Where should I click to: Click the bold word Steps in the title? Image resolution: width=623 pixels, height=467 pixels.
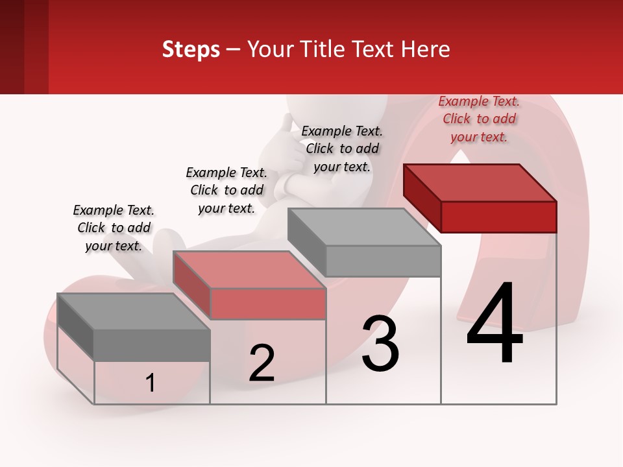[x=191, y=49]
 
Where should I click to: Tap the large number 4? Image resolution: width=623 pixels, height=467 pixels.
[x=495, y=324]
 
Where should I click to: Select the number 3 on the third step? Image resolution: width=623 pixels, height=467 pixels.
[x=380, y=344]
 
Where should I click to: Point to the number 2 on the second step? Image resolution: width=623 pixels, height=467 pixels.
[x=262, y=363]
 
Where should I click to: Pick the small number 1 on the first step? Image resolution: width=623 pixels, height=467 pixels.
[x=151, y=383]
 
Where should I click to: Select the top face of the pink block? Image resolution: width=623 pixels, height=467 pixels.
[x=249, y=270]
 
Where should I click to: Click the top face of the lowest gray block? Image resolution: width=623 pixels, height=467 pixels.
[x=134, y=312]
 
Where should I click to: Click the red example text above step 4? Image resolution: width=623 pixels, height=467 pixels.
[x=479, y=119]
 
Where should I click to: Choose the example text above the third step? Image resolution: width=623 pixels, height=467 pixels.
[x=342, y=149]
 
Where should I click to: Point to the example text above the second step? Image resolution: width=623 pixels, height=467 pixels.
[x=226, y=190]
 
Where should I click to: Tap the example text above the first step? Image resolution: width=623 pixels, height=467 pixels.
[x=114, y=228]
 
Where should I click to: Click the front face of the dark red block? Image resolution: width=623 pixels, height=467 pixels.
[x=498, y=217]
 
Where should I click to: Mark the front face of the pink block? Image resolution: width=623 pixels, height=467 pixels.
[x=268, y=304]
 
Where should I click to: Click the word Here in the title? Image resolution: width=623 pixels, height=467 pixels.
[x=426, y=49]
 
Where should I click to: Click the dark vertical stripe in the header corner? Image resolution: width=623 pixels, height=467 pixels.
[x=36, y=47]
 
